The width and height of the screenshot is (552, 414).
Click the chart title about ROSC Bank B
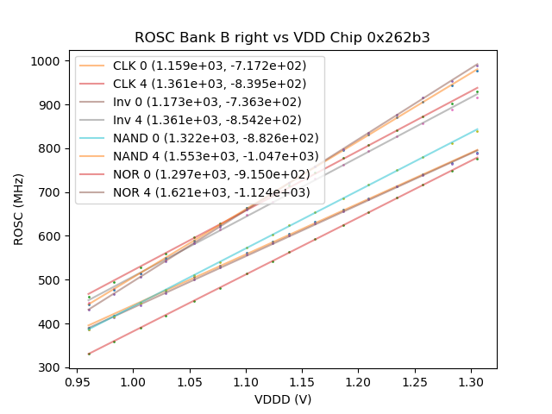coord(282,38)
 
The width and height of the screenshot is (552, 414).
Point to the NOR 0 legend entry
coord(200,174)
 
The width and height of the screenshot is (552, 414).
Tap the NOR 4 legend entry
coord(200,192)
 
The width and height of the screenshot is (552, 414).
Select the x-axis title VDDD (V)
coord(282,399)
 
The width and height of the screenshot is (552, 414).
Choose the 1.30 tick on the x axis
coord(473,381)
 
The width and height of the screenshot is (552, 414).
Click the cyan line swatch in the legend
coord(93,138)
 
